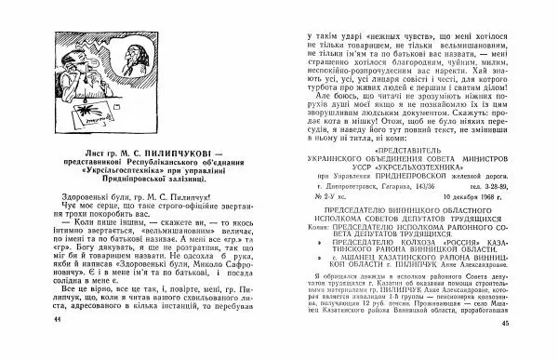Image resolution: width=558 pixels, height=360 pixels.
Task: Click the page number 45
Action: coord(531,349)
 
